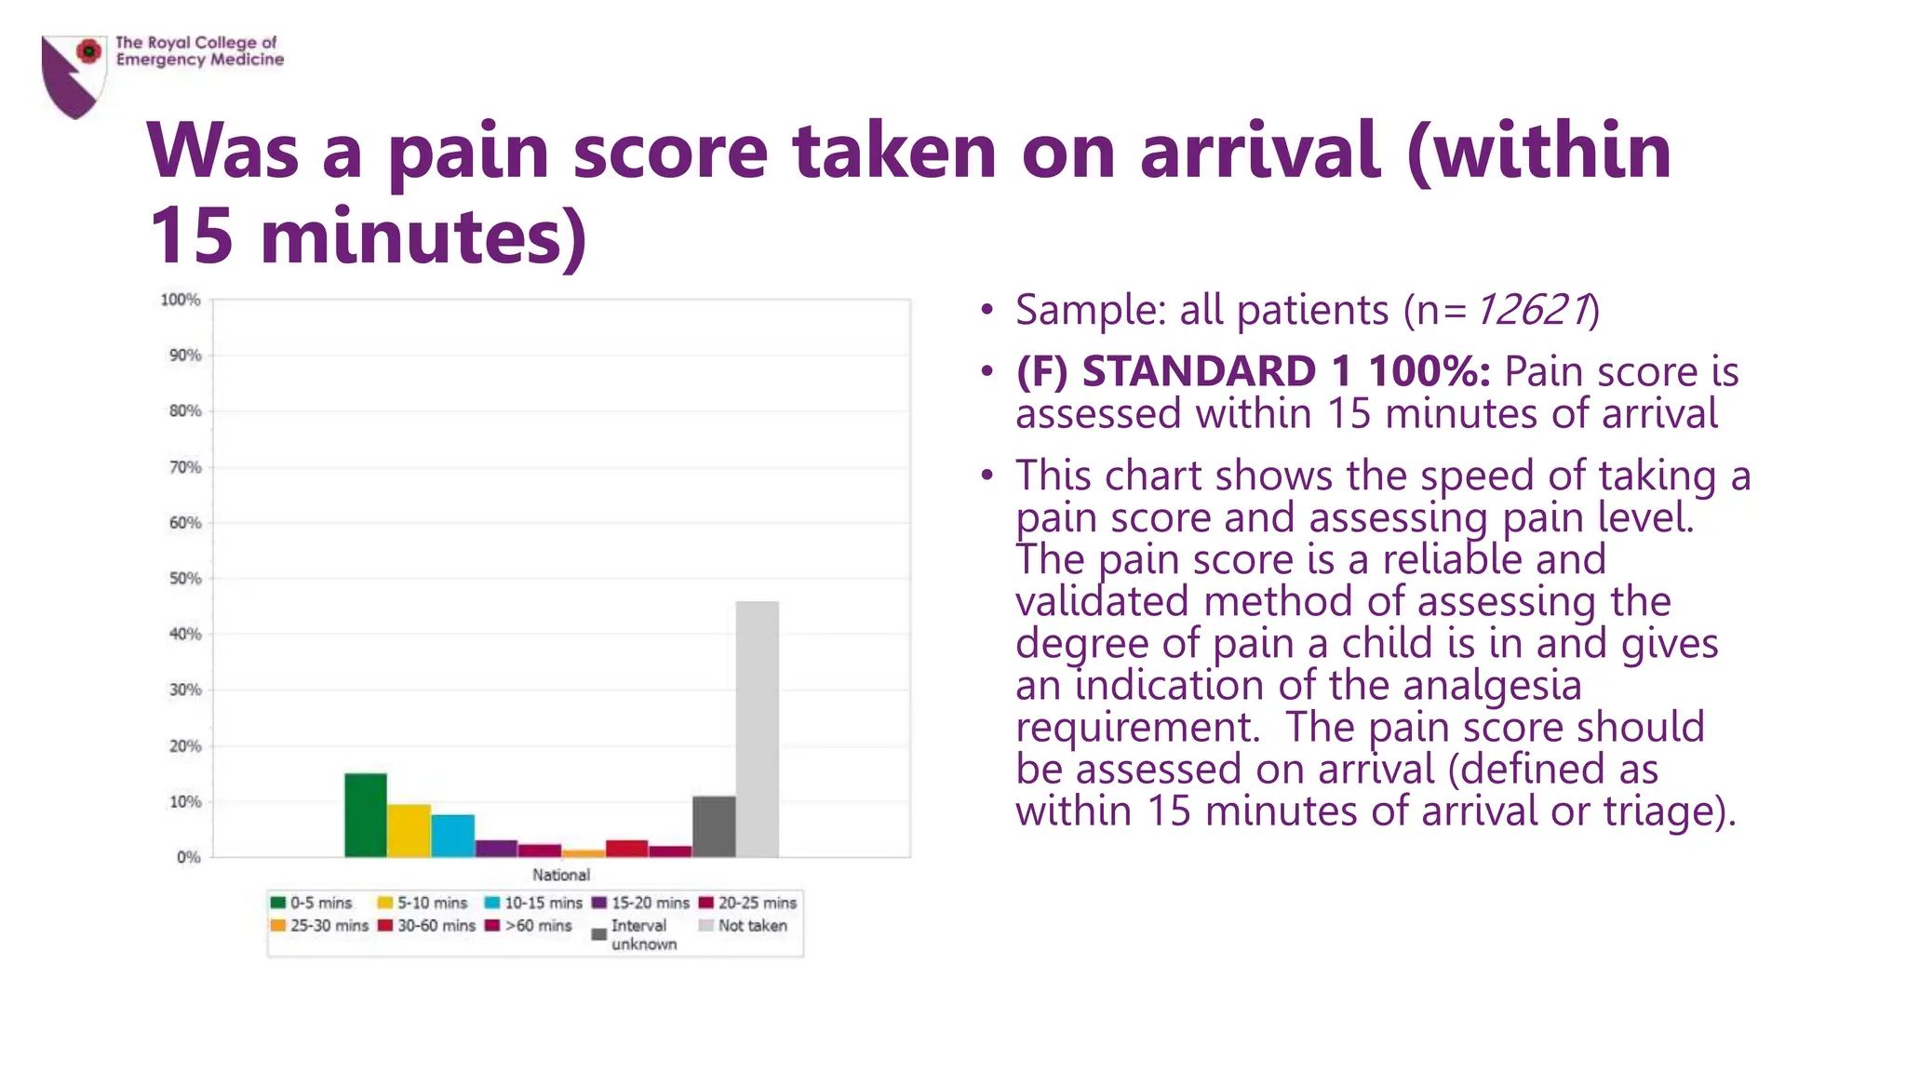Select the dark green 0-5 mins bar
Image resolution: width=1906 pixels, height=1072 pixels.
coord(365,815)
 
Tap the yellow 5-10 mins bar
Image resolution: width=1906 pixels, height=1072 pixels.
coord(409,831)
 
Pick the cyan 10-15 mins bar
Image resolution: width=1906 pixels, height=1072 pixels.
coord(452,836)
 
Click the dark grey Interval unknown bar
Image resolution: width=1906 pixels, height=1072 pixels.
coord(714,826)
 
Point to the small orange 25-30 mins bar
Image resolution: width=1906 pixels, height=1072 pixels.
coord(584,853)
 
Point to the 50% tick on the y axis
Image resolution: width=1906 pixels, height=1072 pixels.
coord(185,578)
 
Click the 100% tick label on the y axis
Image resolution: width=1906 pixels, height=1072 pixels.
coord(181,300)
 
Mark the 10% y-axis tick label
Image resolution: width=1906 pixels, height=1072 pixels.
coord(185,801)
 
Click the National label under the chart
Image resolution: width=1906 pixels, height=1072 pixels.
coord(560,875)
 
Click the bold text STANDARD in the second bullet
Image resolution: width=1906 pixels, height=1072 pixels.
coord(1199,371)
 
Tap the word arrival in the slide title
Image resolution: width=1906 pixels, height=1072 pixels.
coord(1259,151)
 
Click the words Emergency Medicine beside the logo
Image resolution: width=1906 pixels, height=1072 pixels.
coord(199,60)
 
